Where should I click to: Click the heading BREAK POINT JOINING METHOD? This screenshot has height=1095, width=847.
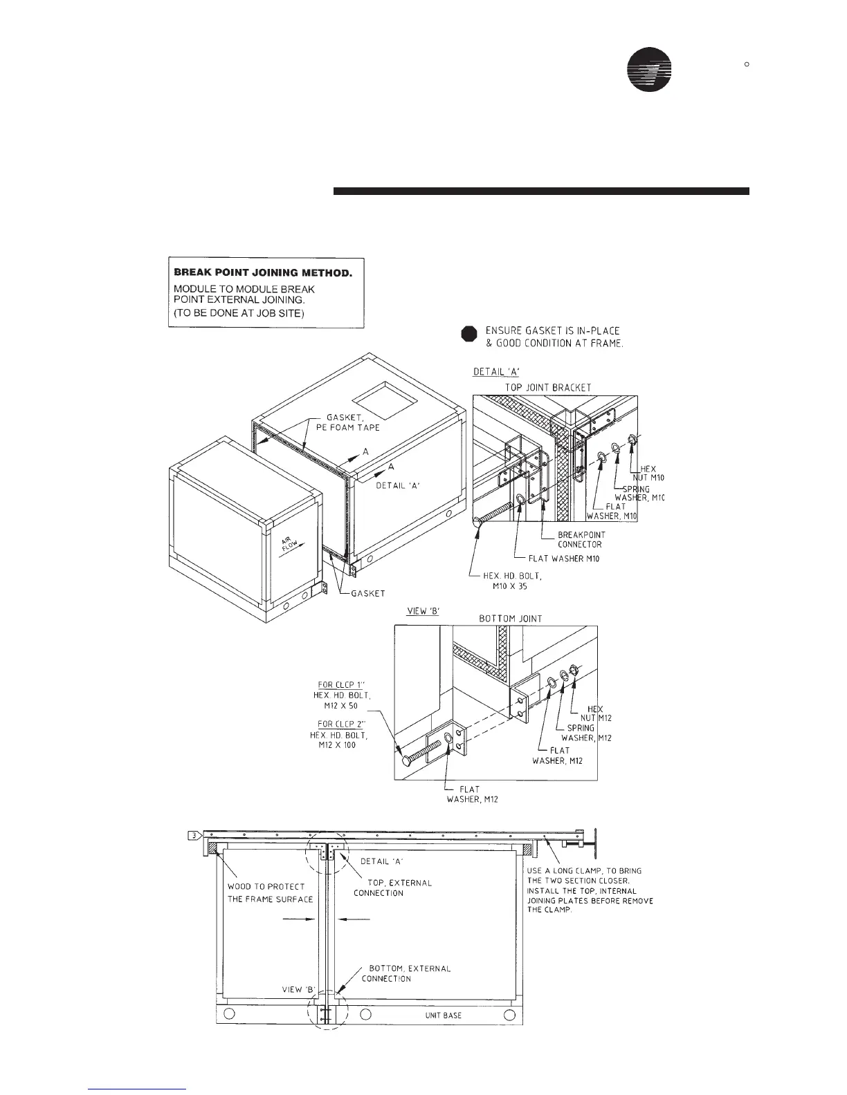tap(263, 272)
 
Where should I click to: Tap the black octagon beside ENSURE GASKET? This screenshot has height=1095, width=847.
tap(469, 334)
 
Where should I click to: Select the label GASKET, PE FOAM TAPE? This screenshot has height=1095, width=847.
tap(353, 422)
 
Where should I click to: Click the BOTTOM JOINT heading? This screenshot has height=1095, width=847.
tap(511, 619)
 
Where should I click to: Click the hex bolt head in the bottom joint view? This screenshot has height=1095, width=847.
tap(406, 760)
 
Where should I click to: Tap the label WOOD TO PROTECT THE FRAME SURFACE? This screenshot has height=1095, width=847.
tap(271, 892)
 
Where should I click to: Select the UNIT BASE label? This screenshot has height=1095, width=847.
tap(443, 1016)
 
